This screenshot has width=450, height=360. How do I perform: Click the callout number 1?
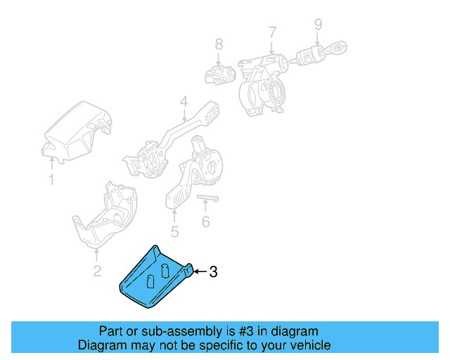(51, 181)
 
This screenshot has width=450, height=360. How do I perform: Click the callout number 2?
(97, 271)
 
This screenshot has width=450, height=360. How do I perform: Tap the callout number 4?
(183, 103)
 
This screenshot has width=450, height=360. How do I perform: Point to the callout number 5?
(174, 231)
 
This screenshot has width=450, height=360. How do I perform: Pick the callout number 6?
(205, 222)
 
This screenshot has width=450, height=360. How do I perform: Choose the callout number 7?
(272, 32)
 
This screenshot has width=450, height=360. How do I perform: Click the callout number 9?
(318, 25)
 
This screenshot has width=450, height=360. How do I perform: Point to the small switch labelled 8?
(219, 72)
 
